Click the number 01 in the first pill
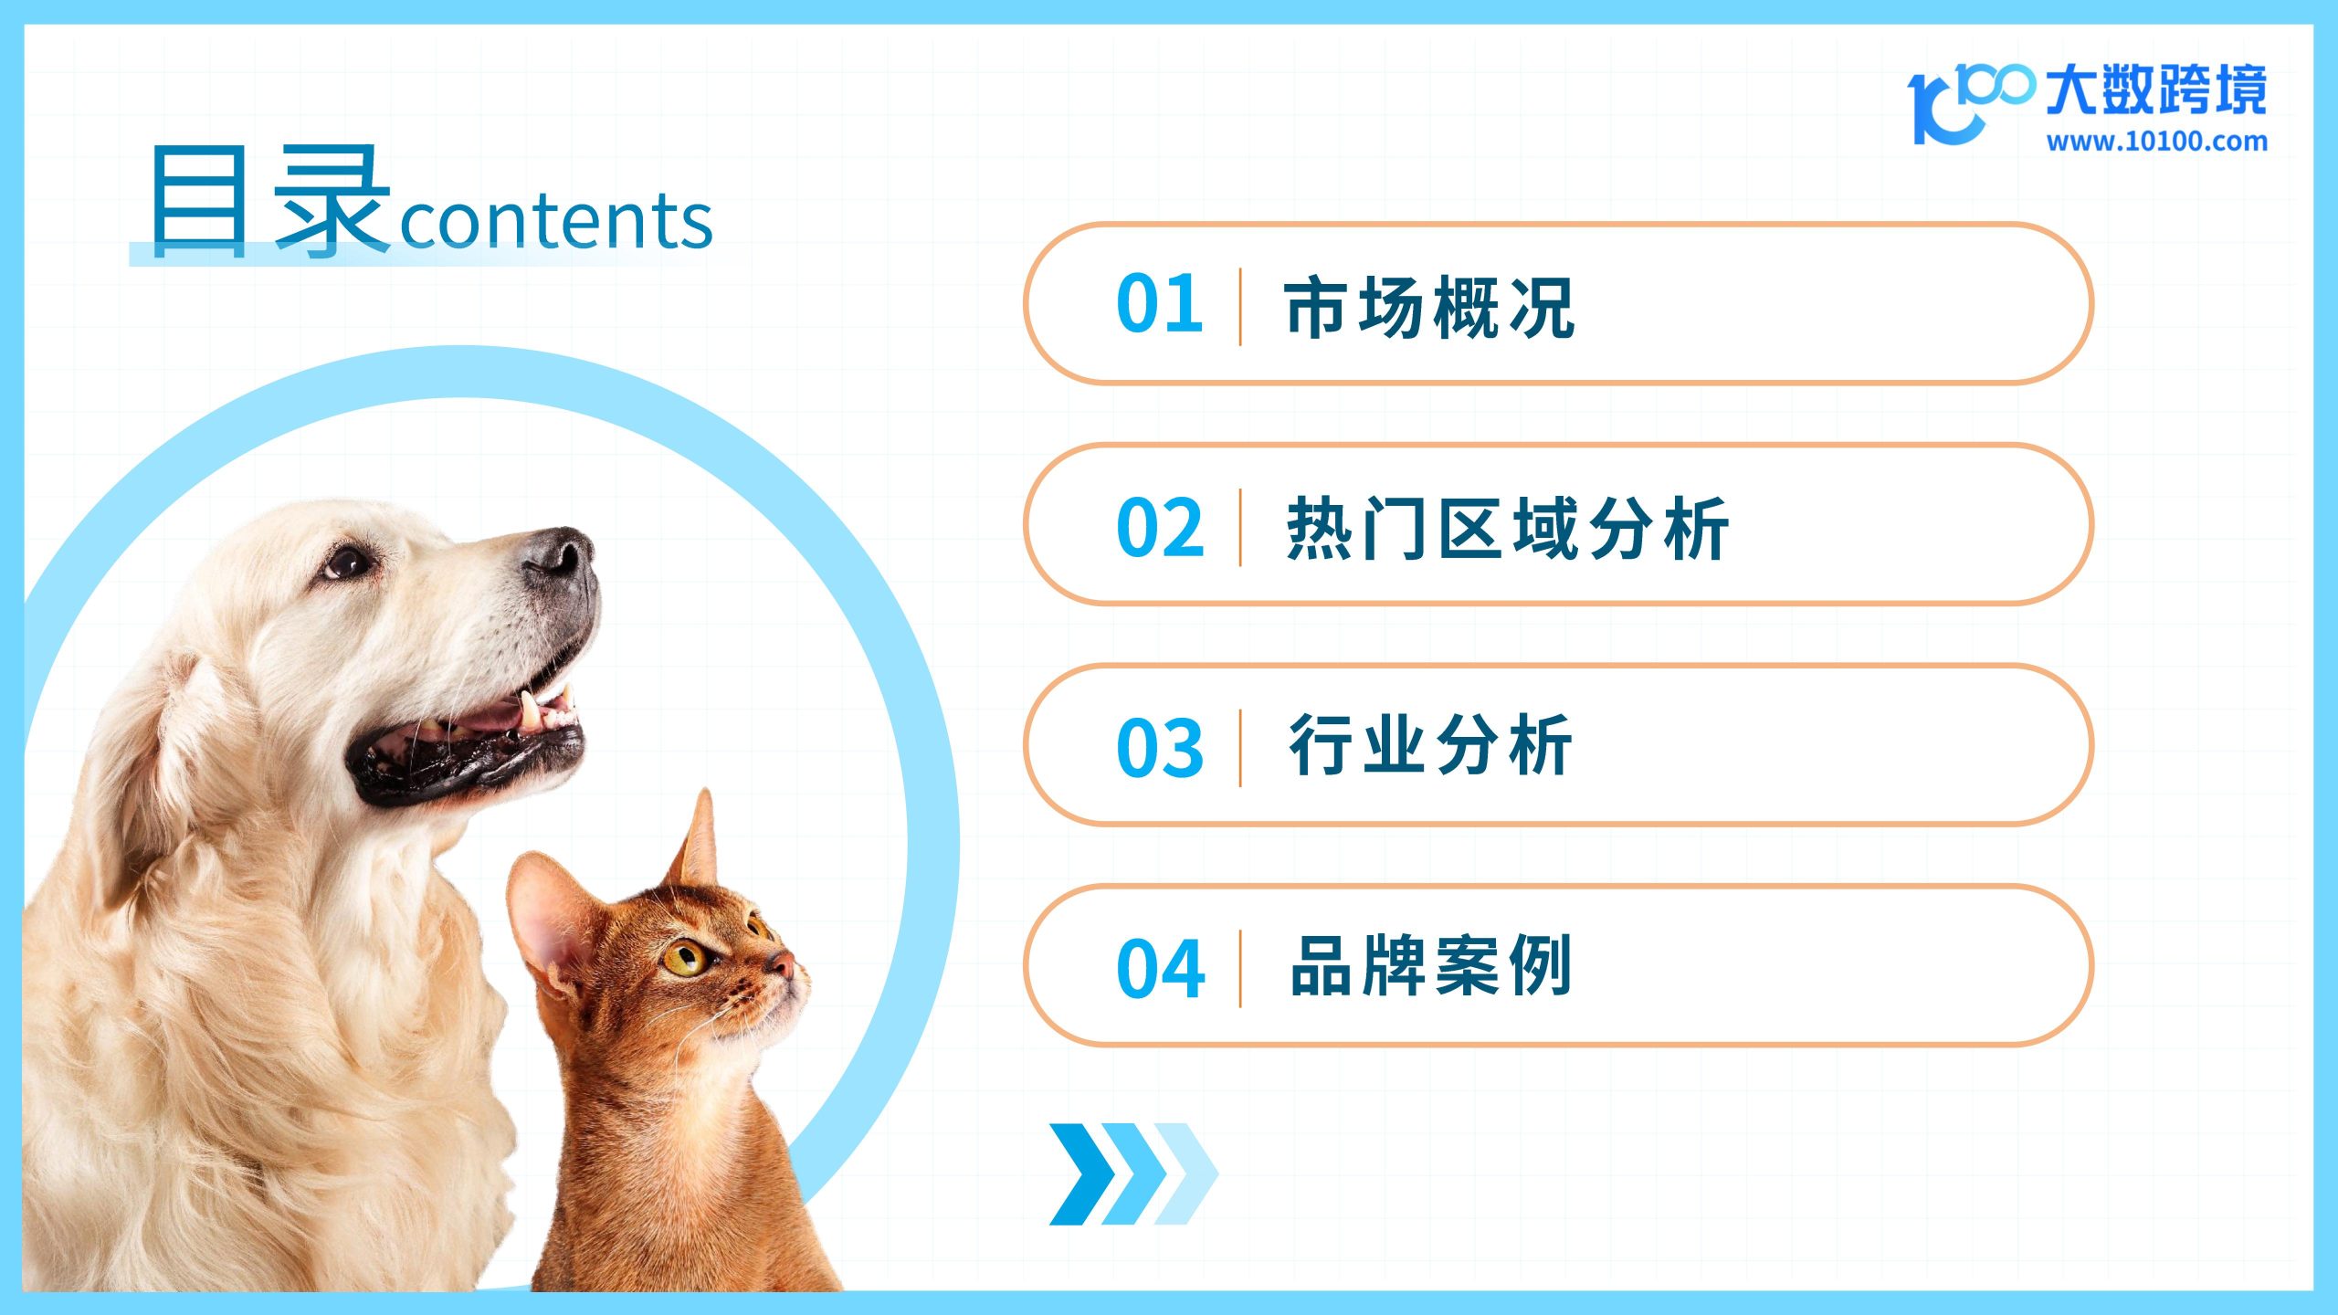click(x=1159, y=303)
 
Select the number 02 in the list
click(x=1160, y=527)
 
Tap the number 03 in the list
click(x=1160, y=748)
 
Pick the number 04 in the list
click(x=1160, y=968)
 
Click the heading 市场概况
click(x=1430, y=308)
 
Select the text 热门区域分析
click(x=1507, y=528)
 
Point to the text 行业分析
click(x=1430, y=745)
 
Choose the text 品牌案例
click(x=1430, y=965)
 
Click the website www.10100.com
click(x=2157, y=142)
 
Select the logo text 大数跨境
click(x=2155, y=90)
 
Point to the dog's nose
click(x=558, y=552)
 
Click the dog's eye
click(x=346, y=563)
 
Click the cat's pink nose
click(x=782, y=962)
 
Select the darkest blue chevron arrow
click(x=1081, y=1174)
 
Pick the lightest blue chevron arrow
click(x=1185, y=1174)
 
